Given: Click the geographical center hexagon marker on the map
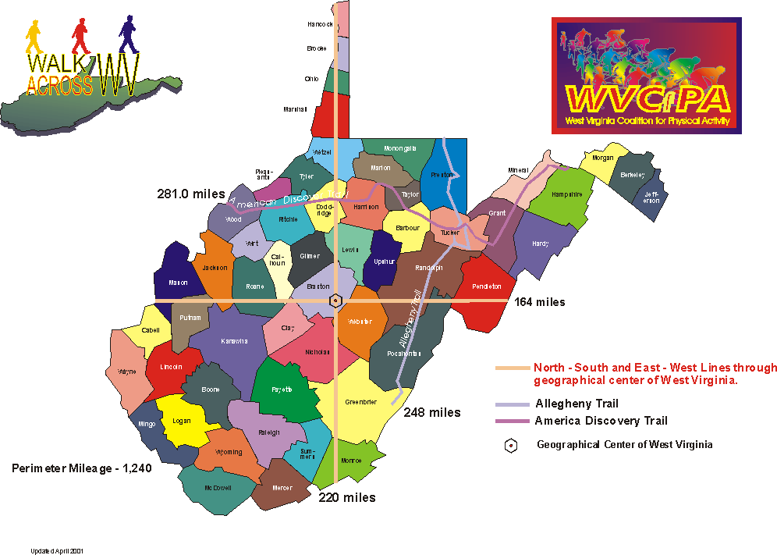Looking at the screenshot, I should (x=335, y=301).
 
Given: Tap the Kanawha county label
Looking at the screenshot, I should (x=234, y=341).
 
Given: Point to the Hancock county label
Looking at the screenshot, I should (x=321, y=25).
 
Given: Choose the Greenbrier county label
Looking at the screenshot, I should (x=360, y=402).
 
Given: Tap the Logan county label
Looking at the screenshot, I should (x=181, y=421).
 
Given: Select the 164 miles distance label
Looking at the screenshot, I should (x=540, y=302).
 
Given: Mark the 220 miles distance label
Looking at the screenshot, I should (x=347, y=497).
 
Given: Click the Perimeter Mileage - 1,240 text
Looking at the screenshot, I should (x=81, y=468).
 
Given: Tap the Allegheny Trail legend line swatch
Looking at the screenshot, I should (x=512, y=404).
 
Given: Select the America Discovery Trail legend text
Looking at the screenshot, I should (x=601, y=421).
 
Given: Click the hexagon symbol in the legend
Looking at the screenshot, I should (x=511, y=446).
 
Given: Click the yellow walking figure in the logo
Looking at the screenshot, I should (x=34, y=37).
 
